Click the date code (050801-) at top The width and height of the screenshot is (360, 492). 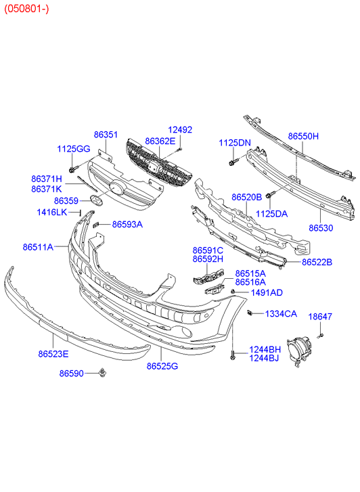[26, 9]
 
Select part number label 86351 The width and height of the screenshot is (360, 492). [106, 135]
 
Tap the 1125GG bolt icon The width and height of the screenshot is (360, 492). [72, 169]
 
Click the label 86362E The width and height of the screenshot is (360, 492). [160, 141]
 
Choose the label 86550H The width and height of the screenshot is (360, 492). [303, 136]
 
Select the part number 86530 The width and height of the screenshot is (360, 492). [321, 228]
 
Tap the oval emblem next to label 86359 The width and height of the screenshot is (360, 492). [95, 200]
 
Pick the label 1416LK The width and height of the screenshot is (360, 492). [52, 213]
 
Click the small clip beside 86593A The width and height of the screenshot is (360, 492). [97, 225]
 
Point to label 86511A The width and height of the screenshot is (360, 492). [38, 247]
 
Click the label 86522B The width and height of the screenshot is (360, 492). [317, 262]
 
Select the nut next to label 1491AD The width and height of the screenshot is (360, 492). [233, 292]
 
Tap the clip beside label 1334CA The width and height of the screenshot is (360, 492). [250, 313]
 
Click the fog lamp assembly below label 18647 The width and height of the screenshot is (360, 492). [298, 349]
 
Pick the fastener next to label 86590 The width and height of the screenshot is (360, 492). [102, 372]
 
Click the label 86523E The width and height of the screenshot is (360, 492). [53, 354]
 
